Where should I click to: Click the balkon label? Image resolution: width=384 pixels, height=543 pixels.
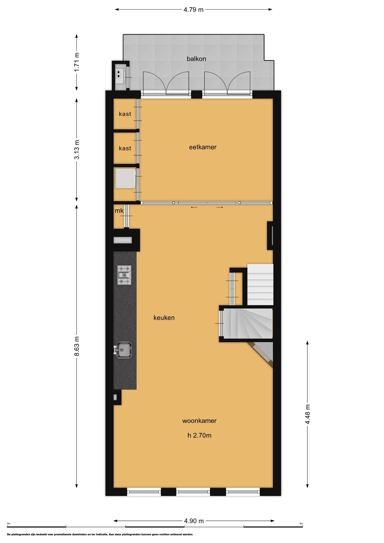[196, 59]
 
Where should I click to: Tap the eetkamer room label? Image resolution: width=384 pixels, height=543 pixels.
[203, 147]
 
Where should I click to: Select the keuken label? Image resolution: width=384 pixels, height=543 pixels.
[164, 318]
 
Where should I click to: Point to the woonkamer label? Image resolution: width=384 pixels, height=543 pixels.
[199, 421]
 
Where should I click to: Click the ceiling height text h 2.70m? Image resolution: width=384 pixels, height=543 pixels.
[199, 435]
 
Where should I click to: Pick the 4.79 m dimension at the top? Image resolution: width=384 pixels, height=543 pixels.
[194, 10]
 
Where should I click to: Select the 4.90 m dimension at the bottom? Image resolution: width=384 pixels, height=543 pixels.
[194, 521]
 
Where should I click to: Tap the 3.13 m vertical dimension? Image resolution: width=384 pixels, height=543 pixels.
[77, 150]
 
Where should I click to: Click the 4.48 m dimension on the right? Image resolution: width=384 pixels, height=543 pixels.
[308, 414]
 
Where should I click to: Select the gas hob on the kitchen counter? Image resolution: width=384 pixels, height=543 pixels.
[124, 275]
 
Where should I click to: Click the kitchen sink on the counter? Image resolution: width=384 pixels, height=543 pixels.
[123, 350]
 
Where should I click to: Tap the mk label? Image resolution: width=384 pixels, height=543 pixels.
[119, 211]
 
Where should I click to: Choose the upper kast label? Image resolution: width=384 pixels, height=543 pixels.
[125, 114]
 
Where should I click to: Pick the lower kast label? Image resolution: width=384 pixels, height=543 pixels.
[125, 148]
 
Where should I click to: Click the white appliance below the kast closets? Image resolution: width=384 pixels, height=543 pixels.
[125, 178]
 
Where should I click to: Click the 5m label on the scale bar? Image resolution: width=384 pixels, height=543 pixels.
[301, 524]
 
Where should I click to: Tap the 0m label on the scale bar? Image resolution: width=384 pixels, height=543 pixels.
[8, 524]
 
